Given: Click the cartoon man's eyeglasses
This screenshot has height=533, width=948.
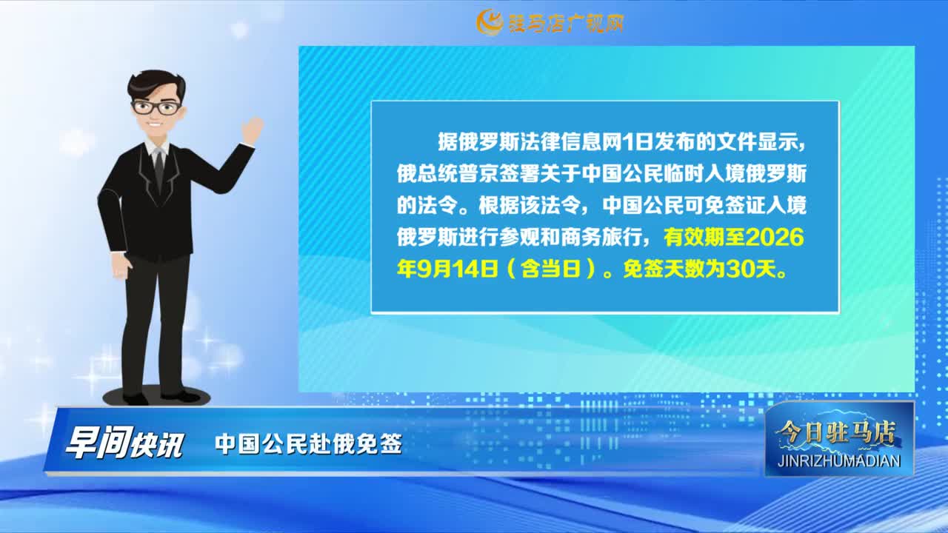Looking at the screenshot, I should (x=156, y=107).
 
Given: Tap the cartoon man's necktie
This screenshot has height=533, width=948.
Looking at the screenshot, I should (x=158, y=170).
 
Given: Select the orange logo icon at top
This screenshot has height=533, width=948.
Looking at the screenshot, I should (x=490, y=22).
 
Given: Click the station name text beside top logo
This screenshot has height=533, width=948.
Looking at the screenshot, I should (x=565, y=23).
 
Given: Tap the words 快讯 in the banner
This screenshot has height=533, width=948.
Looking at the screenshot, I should (x=156, y=445).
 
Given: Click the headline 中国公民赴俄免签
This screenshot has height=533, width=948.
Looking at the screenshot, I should (x=308, y=444).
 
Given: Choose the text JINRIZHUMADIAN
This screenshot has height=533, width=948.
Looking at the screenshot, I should (x=840, y=460).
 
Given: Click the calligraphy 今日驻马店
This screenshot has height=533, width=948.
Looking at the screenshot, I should (x=835, y=432).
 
